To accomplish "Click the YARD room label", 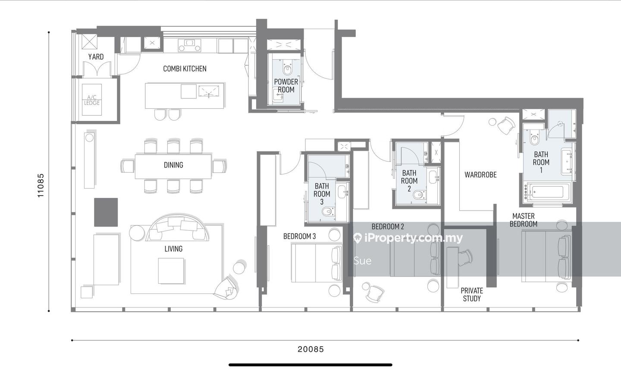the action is click(96, 57).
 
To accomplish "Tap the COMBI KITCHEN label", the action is click(185, 69).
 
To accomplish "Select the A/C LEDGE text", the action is click(92, 100).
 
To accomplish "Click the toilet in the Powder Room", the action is click(288, 68).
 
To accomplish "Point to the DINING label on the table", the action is click(173, 165).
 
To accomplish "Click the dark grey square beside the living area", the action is click(106, 212).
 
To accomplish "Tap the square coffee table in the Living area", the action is click(171, 271).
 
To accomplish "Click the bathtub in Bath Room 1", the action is click(548, 192).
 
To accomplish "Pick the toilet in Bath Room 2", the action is click(419, 195).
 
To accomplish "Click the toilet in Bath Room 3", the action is click(328, 212).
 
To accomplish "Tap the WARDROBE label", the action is click(480, 174).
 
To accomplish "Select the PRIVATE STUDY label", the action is click(472, 294).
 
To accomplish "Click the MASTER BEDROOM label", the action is click(524, 220).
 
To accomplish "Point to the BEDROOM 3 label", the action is click(299, 236).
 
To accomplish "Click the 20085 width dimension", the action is click(311, 349).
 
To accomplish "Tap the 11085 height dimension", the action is click(41, 185).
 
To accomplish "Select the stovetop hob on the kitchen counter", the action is click(190, 45).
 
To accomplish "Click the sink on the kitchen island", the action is click(209, 91).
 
